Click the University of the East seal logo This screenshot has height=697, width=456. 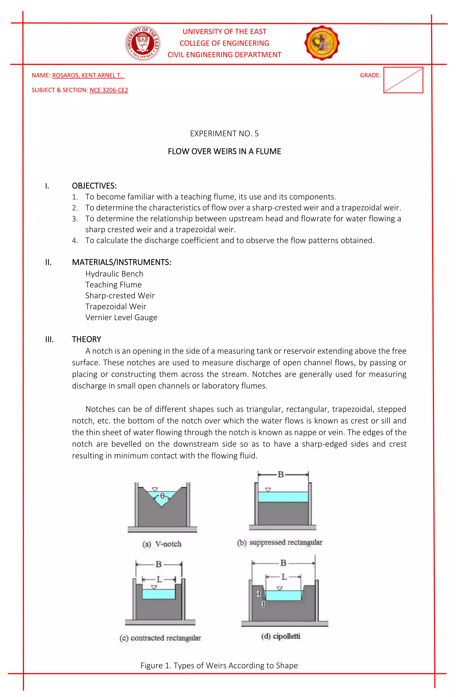[143, 43]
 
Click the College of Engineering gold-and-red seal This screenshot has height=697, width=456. [322, 43]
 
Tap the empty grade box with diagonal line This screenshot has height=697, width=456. [403, 80]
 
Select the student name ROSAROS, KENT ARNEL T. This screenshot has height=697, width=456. [88, 75]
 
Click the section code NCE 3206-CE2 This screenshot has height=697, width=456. [109, 90]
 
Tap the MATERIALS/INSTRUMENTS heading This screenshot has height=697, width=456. [121, 262]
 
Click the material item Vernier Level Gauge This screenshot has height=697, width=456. [121, 317]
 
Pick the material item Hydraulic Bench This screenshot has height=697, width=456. [114, 274]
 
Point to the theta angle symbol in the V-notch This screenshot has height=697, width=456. [162, 496]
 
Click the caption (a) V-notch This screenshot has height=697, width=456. [162, 544]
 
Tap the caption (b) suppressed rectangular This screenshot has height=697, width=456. [279, 542]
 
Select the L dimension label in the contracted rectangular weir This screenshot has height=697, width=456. [159, 579]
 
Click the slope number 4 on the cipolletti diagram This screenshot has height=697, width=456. [259, 593]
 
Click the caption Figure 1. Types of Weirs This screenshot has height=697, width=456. [219, 665]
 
